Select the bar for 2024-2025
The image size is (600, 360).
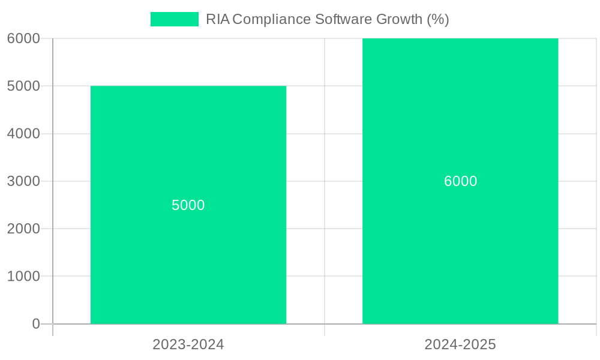pos(460,252)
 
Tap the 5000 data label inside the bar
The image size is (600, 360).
pos(188,205)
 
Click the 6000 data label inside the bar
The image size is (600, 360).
pos(460,181)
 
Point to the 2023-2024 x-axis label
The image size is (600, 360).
pos(188,345)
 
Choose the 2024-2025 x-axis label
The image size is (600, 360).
pos(460,345)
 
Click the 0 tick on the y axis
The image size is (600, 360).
pos(35,324)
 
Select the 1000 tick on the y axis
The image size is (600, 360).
pos(23,277)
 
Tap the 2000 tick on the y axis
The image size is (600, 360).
pos(23,229)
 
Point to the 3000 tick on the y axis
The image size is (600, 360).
pos(23,181)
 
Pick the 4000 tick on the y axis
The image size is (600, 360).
pos(23,134)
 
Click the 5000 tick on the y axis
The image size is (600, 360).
pos(23,86)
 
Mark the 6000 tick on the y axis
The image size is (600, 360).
pos(23,38)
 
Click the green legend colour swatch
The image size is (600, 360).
pos(174,19)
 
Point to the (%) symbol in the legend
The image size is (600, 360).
pos(437,19)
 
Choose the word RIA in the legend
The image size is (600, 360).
pos(218,19)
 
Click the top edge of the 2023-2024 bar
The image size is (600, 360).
pos(188,86)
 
